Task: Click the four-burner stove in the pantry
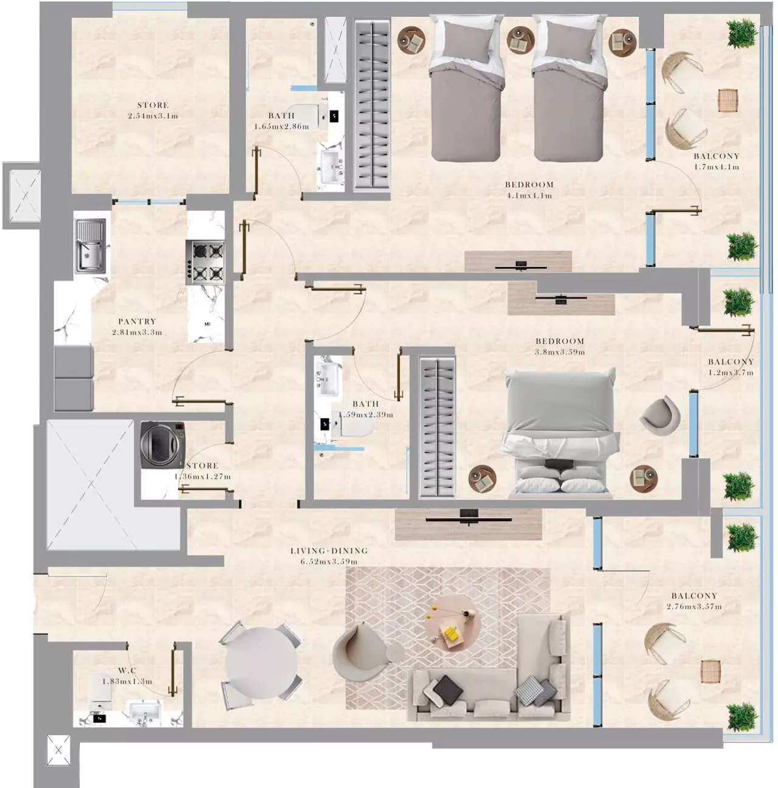[x=205, y=262]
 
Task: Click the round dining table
[x=261, y=664]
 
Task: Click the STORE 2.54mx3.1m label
[x=153, y=110]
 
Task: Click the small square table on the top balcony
[x=728, y=100]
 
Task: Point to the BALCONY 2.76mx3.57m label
[x=694, y=601]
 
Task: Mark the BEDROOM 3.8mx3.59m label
[x=559, y=346]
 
